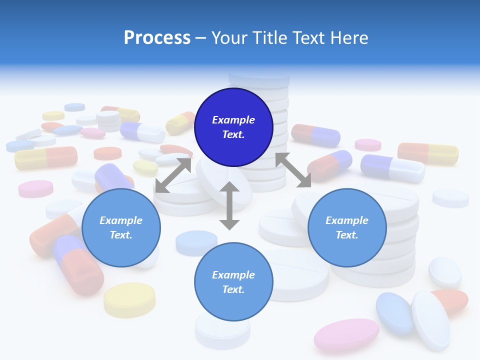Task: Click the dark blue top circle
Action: [x=233, y=127]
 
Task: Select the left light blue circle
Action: [x=121, y=227]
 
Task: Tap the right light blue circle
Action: [x=347, y=227]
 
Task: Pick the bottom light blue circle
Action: [x=233, y=282]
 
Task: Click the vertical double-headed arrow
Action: [x=229, y=205]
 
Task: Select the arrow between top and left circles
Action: [x=173, y=175]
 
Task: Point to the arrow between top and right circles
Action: [x=293, y=170]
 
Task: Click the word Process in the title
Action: [x=157, y=38]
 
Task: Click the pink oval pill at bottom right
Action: [x=346, y=334]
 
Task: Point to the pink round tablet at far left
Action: [x=35, y=188]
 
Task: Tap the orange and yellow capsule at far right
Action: [x=428, y=153]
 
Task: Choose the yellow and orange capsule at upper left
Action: [x=46, y=157]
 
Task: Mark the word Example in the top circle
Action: [x=233, y=120]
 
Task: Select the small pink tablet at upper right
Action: [x=368, y=145]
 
